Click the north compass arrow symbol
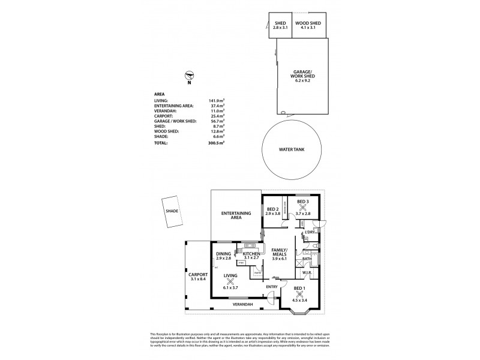coord(190,75)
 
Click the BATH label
coord(307,259)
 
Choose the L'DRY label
coord(310,232)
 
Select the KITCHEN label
coord(251,254)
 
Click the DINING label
coord(223,254)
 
